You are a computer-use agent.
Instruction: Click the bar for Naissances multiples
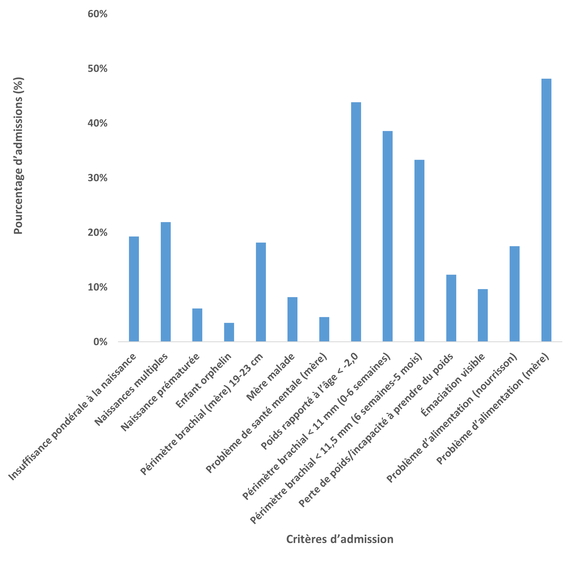pos(166,282)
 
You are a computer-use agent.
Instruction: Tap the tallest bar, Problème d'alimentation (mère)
pos(546,210)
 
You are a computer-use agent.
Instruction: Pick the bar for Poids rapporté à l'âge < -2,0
pos(356,222)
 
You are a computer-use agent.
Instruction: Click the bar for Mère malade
pos(293,319)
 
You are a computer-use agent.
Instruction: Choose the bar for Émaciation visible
pos(483,315)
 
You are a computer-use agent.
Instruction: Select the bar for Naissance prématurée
pos(197,325)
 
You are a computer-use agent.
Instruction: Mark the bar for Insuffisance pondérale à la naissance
pos(134,289)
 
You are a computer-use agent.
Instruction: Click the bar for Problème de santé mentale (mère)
pos(325,329)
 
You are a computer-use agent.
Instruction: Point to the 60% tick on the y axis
pos(98,14)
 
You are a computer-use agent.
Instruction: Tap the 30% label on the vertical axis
pos(98,178)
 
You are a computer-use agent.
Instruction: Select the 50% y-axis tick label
pos(98,69)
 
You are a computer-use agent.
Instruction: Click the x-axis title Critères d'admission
pos(340,539)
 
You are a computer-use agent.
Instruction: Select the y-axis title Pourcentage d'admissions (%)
pos(18,156)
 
